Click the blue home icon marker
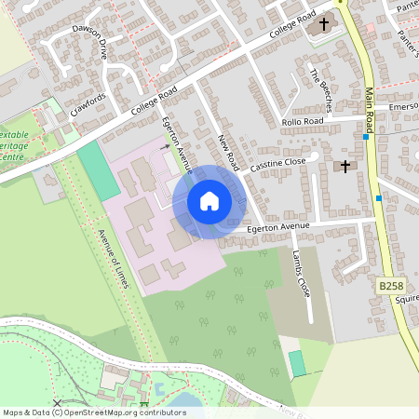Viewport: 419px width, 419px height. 209,200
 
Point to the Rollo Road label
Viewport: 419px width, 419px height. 302,122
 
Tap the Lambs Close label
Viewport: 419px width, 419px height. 300,274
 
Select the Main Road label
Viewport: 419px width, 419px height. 369,107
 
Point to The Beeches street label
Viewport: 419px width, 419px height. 320,86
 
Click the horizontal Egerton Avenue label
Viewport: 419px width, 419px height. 277,226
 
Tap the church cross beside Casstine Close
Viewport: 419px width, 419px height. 345,167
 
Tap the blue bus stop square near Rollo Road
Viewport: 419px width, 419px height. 366,138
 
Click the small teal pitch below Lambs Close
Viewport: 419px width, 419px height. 297,363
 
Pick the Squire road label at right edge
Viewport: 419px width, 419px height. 407,300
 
